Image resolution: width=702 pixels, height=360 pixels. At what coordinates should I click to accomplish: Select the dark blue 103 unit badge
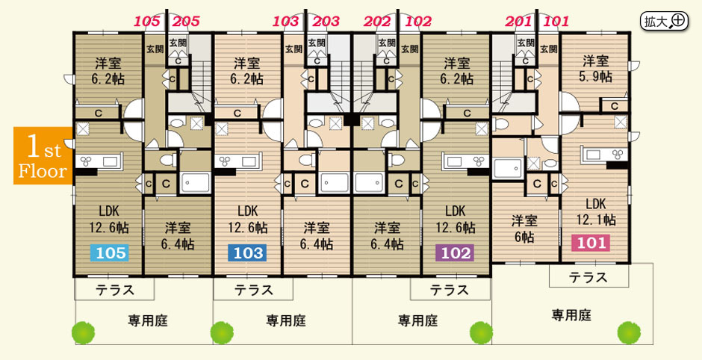pyautogui.click(x=247, y=253)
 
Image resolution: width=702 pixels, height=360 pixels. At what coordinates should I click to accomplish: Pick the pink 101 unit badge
pyautogui.click(x=591, y=243)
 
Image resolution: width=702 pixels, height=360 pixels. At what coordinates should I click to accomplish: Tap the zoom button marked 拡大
pyautogui.click(x=664, y=21)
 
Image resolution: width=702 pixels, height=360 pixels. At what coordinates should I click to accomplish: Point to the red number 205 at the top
pyautogui.click(x=186, y=21)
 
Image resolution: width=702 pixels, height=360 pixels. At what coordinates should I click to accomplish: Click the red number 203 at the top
pyautogui.click(x=326, y=21)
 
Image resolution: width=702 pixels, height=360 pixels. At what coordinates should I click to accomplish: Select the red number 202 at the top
pyautogui.click(x=378, y=21)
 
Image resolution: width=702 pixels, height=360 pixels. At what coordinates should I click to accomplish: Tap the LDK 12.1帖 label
pyautogui.click(x=595, y=211)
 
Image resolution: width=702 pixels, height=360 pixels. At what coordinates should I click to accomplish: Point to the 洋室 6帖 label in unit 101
pyautogui.click(x=524, y=229)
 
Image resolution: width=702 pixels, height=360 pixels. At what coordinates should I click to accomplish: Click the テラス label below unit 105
pyautogui.click(x=114, y=289)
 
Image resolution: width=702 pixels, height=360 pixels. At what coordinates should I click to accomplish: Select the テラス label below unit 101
pyautogui.click(x=588, y=278)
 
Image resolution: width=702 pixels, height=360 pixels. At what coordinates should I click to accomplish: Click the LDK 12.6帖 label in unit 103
pyautogui.click(x=247, y=220)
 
